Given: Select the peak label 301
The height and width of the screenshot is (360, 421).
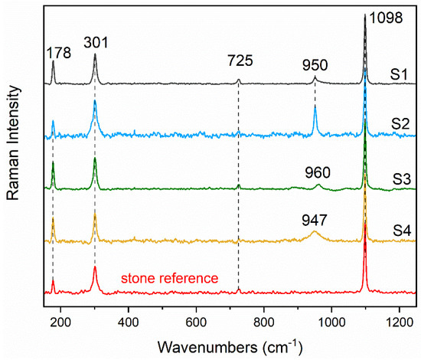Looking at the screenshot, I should (x=95, y=43).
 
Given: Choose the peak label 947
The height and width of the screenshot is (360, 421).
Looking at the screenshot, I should (x=315, y=218).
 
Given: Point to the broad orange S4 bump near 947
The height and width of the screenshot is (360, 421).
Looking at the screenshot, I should (x=315, y=232).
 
